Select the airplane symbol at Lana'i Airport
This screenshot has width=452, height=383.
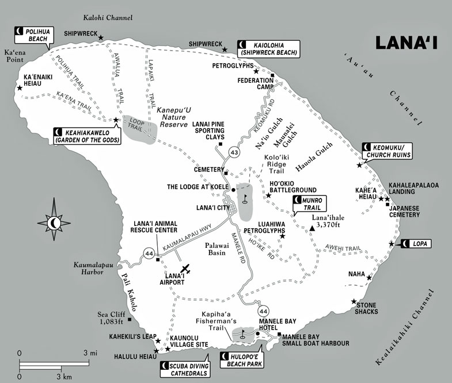click(184, 269)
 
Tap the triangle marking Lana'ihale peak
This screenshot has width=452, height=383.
click(312, 229)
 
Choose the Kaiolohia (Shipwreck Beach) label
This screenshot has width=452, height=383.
click(269, 48)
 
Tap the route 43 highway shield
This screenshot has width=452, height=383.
click(233, 152)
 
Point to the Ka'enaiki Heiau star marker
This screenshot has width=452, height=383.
click(20, 88)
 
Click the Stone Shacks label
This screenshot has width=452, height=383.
click(367, 308)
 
